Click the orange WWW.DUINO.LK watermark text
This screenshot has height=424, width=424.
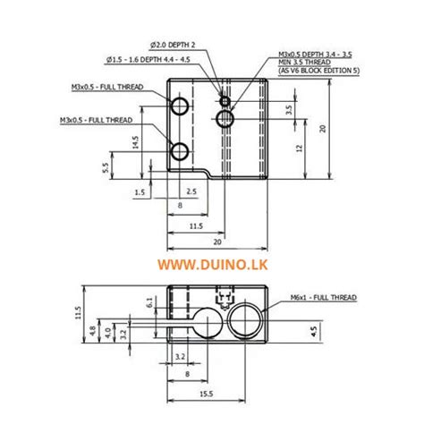[x=212, y=265]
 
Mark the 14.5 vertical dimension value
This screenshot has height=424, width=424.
[x=134, y=143]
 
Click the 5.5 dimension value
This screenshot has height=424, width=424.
[x=106, y=166]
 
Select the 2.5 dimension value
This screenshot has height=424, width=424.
[x=191, y=191]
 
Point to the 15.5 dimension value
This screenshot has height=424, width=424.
[x=206, y=394]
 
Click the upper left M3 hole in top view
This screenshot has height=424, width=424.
[x=180, y=107]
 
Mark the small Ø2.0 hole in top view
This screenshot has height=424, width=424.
[x=225, y=100]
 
